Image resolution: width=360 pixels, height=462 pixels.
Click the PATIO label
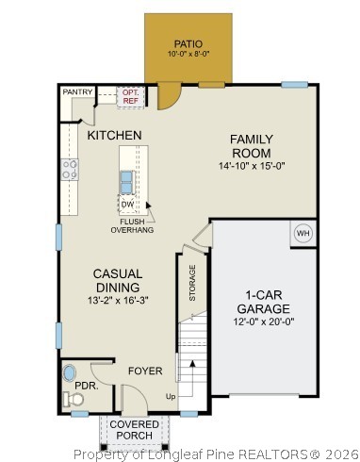pos(188,43)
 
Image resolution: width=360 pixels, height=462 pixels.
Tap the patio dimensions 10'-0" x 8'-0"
pos(188,55)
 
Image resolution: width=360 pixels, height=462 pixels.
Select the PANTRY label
pos(76,91)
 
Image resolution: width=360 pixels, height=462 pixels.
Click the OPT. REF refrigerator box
pos(130,95)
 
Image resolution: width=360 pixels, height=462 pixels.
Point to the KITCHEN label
pos(115,136)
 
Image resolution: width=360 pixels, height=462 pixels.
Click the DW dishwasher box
pos(127,203)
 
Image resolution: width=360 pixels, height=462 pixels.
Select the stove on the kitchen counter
pos(70,170)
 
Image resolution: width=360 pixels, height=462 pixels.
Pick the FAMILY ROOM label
pos(252,146)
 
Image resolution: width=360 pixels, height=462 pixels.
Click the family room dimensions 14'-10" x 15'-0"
pos(252,166)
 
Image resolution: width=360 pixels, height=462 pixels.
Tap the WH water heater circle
pos(303,233)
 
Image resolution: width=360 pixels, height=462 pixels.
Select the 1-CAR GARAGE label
pos(264,301)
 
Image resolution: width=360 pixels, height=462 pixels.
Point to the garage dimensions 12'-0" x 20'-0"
pos(264,322)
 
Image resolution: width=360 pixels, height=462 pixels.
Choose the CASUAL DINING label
pos(117,280)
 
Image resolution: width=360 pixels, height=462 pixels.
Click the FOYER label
pos(145,371)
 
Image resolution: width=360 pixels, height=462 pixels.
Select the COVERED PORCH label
pos(134,430)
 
